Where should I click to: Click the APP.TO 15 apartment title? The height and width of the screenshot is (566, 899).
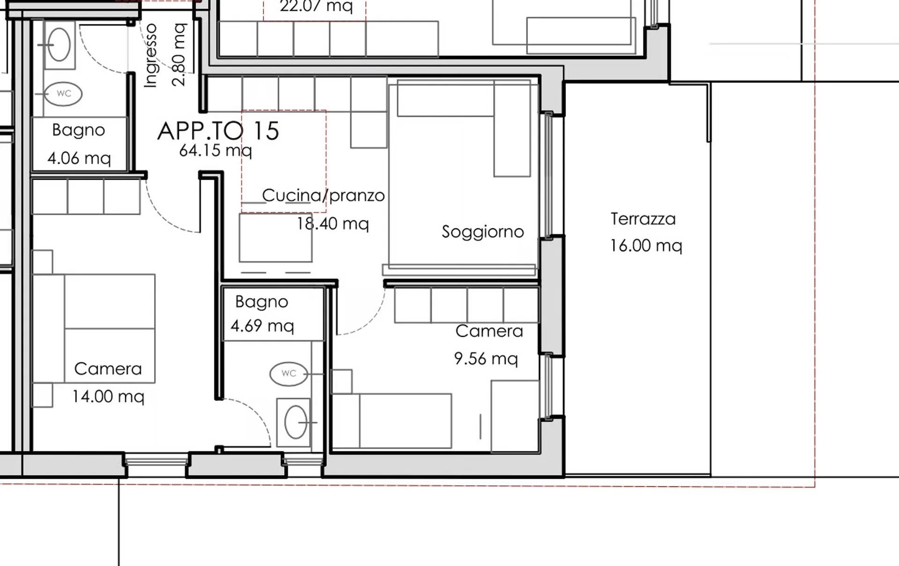click(x=218, y=131)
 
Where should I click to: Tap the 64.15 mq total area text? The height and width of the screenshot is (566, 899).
click(x=215, y=151)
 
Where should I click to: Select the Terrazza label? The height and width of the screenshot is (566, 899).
click(x=643, y=219)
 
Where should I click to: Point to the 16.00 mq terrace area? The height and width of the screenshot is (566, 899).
click(x=646, y=246)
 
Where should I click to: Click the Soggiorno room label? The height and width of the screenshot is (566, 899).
click(x=483, y=232)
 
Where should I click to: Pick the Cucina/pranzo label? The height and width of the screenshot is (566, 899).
click(x=323, y=195)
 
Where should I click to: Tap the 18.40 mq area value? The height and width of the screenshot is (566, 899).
click(x=333, y=224)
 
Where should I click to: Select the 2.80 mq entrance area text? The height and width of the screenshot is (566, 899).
click(x=179, y=55)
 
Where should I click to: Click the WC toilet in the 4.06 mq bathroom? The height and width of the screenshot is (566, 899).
click(x=64, y=94)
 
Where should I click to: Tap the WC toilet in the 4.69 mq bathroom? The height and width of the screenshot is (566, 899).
click(x=289, y=373)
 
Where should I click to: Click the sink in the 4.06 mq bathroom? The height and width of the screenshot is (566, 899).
click(x=59, y=45)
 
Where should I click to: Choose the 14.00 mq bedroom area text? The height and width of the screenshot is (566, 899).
click(x=108, y=397)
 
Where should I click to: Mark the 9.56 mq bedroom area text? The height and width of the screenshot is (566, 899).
click(x=486, y=359)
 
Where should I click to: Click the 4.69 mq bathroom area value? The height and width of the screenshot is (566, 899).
click(x=262, y=326)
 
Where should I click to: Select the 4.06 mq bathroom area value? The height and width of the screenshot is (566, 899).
click(x=79, y=158)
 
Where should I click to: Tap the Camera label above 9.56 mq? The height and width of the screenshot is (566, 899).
click(x=489, y=331)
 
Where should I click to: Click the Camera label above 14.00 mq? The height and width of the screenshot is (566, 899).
click(x=108, y=369)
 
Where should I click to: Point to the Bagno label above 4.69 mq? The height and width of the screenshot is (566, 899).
click(x=262, y=302)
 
